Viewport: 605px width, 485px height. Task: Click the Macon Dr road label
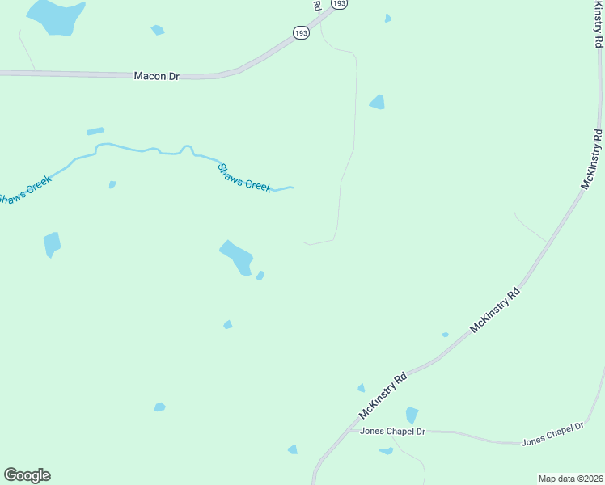point(157,76)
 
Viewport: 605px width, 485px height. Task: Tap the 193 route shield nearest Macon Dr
point(301,33)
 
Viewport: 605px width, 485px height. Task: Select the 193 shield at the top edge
point(341,4)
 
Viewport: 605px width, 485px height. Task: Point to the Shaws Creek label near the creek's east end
point(244,178)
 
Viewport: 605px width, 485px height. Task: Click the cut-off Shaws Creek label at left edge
point(24,189)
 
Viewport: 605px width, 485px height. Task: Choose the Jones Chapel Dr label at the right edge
point(552,435)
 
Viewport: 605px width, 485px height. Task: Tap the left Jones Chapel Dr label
point(392,432)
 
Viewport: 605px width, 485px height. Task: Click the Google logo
point(27,475)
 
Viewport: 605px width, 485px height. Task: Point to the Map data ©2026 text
point(570,479)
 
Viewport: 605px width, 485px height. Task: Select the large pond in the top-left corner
point(56,16)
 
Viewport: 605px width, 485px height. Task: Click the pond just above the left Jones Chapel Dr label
point(412,415)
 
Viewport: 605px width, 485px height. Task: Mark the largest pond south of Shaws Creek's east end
point(238,258)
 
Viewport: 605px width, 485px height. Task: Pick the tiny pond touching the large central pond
point(260,276)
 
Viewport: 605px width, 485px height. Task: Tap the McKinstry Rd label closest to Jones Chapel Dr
point(383,396)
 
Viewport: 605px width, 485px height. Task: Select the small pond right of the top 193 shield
point(388,18)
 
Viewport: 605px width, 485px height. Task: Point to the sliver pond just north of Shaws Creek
point(95,131)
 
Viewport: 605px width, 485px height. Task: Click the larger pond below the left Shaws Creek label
point(52,243)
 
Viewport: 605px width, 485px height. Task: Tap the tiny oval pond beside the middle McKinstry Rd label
point(445,335)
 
